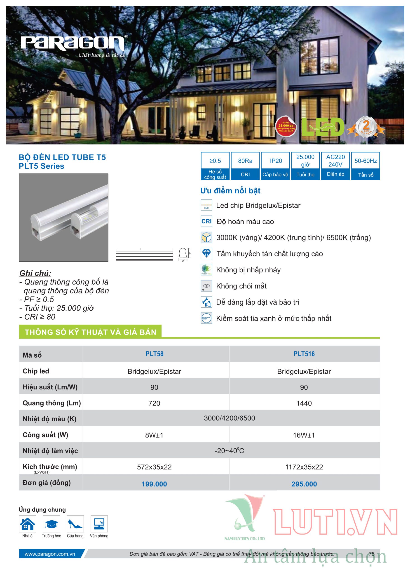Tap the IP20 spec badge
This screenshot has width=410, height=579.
coord(275,166)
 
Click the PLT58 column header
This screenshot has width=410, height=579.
coord(155,354)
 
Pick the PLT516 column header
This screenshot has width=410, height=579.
coord(304,354)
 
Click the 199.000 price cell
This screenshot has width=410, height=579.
coord(154,484)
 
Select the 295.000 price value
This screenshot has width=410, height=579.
coord(304,484)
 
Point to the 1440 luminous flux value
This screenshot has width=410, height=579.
coord(304,403)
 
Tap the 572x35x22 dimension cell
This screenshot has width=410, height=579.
coord(154,467)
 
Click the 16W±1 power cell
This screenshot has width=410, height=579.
coord(304,435)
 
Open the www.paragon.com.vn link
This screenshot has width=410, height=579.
coord(50,554)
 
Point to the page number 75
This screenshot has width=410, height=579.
coord(371,554)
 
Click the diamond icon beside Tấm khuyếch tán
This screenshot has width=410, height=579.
coord(206,254)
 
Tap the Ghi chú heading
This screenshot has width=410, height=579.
coord(35,273)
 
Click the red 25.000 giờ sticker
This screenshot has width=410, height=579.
coord(286,127)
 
